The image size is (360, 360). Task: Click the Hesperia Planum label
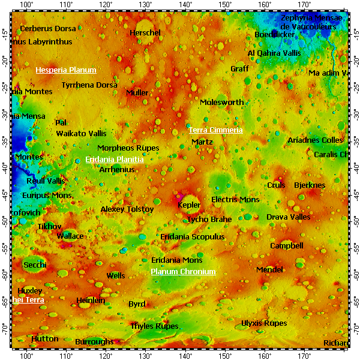66,70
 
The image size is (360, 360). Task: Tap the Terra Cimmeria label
216,130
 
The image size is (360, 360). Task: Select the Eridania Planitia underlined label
115,160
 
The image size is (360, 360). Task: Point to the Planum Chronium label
183,272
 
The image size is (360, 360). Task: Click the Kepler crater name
190,205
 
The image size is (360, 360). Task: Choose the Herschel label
145,32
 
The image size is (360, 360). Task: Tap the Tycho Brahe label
209,220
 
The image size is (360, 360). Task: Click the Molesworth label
222,103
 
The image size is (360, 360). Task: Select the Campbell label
287,246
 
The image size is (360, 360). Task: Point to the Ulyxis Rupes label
264,323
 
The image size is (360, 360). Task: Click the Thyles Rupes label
155,326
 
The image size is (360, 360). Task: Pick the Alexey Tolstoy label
127,209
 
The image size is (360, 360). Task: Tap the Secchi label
35,265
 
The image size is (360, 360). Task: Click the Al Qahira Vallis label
274,53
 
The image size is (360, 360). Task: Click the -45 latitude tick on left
5,193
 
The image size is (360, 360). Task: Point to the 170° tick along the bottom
304,355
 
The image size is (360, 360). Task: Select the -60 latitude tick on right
355,273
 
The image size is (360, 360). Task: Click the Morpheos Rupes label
128,148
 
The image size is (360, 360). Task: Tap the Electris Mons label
235,199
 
